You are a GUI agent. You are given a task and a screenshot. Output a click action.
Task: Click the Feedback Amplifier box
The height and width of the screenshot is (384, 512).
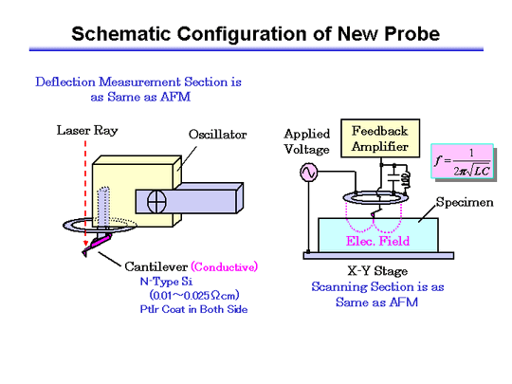tap(380, 138)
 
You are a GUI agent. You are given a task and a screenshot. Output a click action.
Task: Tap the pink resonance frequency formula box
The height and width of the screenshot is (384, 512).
tap(462, 161)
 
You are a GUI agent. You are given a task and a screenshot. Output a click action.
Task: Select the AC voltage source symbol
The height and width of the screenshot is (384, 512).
tap(308, 172)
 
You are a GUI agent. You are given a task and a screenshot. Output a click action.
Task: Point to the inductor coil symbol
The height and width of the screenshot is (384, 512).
tap(406, 178)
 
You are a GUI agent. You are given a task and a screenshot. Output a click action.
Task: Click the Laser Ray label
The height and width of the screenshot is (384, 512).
tap(87, 130)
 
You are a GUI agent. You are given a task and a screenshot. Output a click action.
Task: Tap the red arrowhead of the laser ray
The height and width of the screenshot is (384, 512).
tap(85, 244)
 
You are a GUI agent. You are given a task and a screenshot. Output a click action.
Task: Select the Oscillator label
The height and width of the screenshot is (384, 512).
tap(217, 135)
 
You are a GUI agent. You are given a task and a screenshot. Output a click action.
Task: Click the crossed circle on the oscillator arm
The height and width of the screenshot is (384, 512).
tap(156, 202)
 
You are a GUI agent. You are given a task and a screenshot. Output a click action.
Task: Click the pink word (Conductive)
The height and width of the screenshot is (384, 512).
tap(225, 266)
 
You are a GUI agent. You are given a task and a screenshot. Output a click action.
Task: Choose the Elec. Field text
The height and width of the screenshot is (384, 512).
tap(377, 241)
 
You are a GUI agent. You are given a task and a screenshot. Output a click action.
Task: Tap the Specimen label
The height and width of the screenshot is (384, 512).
tap(465, 203)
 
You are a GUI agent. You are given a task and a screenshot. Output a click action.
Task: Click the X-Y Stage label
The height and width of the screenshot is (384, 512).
tap(377, 271)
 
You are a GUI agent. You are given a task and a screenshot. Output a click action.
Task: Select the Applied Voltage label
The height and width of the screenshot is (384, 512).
tap(307, 141)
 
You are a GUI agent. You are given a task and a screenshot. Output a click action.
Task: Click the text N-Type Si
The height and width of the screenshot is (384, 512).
tap(166, 282)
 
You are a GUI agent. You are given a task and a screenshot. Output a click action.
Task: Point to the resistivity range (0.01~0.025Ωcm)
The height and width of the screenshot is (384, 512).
tap(194, 295)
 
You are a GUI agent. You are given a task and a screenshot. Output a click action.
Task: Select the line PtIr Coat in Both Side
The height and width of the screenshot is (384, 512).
tap(193, 309)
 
